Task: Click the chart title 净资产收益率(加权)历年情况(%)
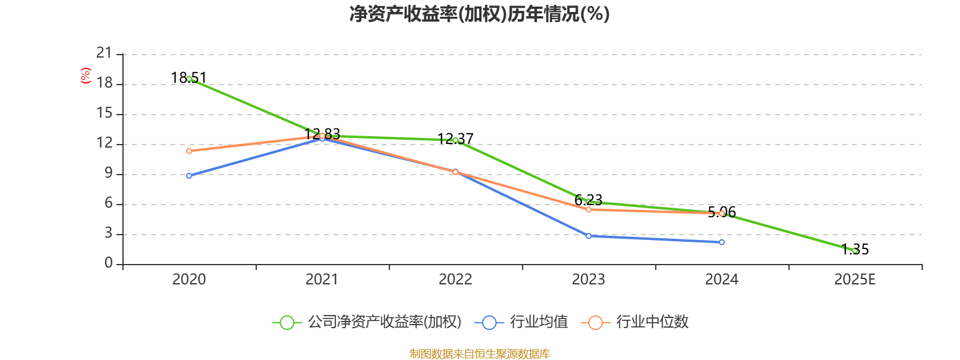click(x=479, y=14)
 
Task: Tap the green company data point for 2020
click(x=189, y=79)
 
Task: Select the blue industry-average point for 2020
click(x=189, y=176)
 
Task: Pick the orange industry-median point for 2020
click(x=189, y=151)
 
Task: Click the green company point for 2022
click(x=455, y=140)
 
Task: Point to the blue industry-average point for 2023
click(x=589, y=236)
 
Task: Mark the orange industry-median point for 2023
click(x=589, y=209)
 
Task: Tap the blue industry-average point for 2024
click(x=722, y=242)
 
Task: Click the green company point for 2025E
click(x=855, y=251)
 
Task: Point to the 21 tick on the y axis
click(x=104, y=53)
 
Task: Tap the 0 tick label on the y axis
click(x=108, y=263)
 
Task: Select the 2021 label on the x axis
click(x=322, y=280)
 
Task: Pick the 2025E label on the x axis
click(x=855, y=280)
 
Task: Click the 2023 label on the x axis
click(x=589, y=280)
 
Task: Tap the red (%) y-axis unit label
click(x=86, y=76)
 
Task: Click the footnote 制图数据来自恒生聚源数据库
click(x=479, y=353)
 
